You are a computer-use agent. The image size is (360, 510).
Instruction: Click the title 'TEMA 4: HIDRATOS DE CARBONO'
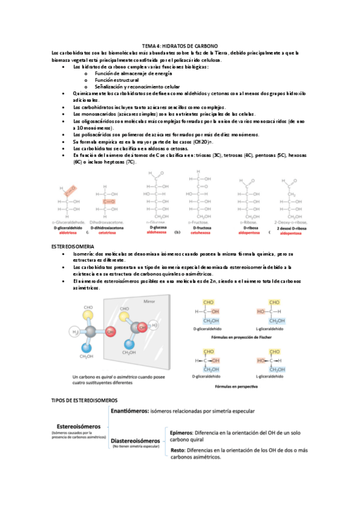pos(180,46)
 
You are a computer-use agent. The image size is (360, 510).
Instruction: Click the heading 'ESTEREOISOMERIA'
pos(73,247)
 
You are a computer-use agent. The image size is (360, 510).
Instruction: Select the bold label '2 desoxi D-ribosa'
pos(293,227)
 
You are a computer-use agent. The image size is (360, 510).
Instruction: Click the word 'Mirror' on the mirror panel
pos(148,301)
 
